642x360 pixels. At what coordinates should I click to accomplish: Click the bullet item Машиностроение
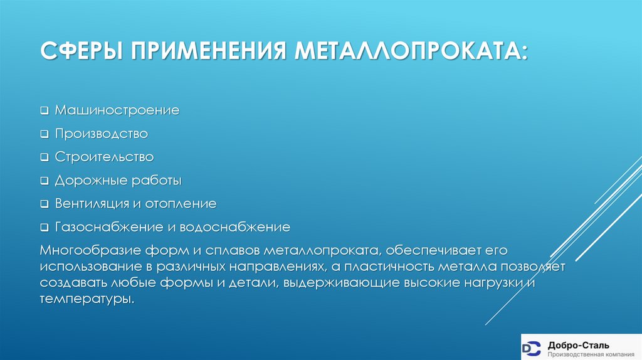[x=117, y=110]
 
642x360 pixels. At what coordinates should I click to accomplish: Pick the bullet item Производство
[x=101, y=134]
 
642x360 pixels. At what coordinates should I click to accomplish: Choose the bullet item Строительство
[x=104, y=157]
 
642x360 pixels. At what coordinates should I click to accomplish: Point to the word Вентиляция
[x=88, y=204]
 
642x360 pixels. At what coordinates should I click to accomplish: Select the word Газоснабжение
[x=98, y=226]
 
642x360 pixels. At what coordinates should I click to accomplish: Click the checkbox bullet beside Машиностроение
[x=45, y=111]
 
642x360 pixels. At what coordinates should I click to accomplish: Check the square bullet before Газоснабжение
[x=45, y=227]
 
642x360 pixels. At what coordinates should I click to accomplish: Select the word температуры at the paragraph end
[x=87, y=299]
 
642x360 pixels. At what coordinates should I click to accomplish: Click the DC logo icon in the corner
[x=532, y=347]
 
